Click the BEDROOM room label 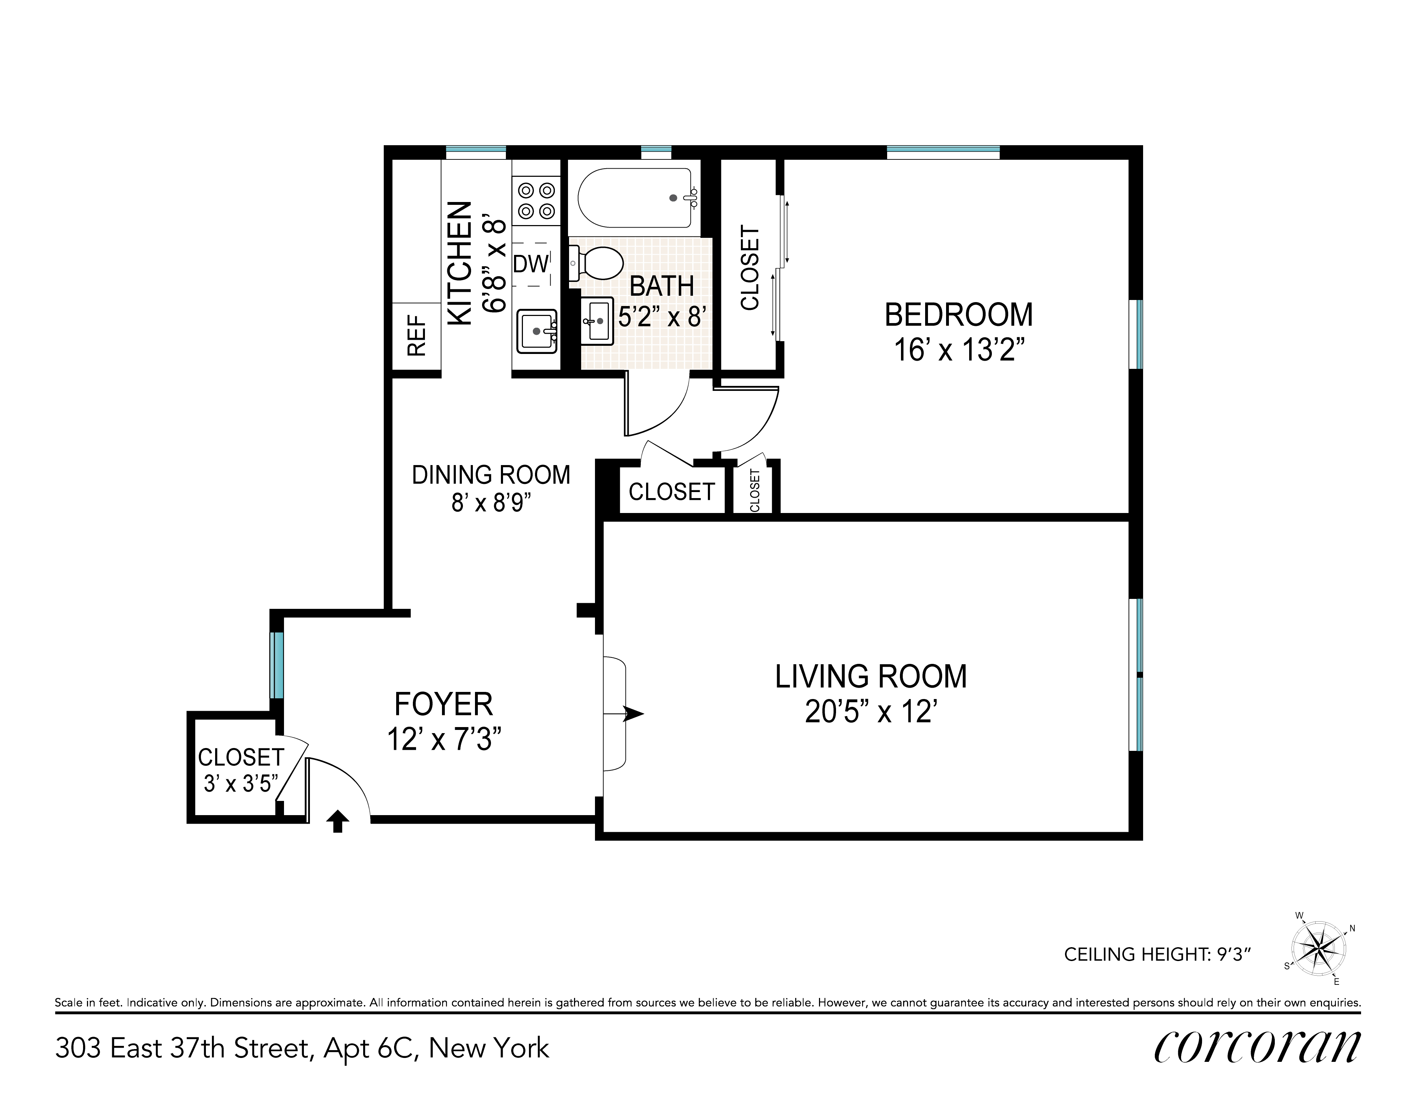pos(958,315)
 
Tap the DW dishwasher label pos(531,263)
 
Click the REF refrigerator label pos(417,335)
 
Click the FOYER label pos(443,704)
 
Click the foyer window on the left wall pos(277,665)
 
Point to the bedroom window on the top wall pos(944,152)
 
